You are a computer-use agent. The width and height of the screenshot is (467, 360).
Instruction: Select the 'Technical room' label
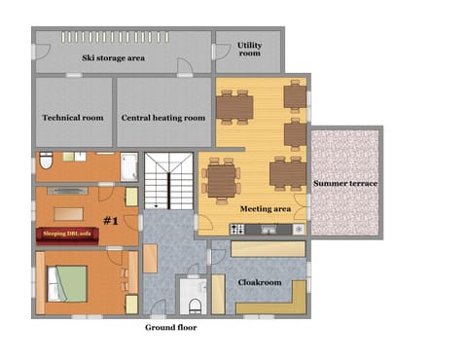click(73, 118)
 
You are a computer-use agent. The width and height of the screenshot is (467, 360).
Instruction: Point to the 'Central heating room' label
click(163, 118)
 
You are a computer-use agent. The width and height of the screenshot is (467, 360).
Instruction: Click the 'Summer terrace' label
click(344, 183)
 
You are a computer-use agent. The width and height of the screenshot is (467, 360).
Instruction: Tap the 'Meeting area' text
click(265, 208)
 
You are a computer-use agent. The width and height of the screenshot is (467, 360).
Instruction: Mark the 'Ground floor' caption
click(171, 328)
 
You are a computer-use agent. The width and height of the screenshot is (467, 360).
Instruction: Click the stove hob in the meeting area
click(235, 230)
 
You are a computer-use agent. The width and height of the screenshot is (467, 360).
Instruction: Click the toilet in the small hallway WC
click(195, 306)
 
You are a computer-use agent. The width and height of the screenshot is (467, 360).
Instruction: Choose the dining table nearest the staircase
click(221, 179)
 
